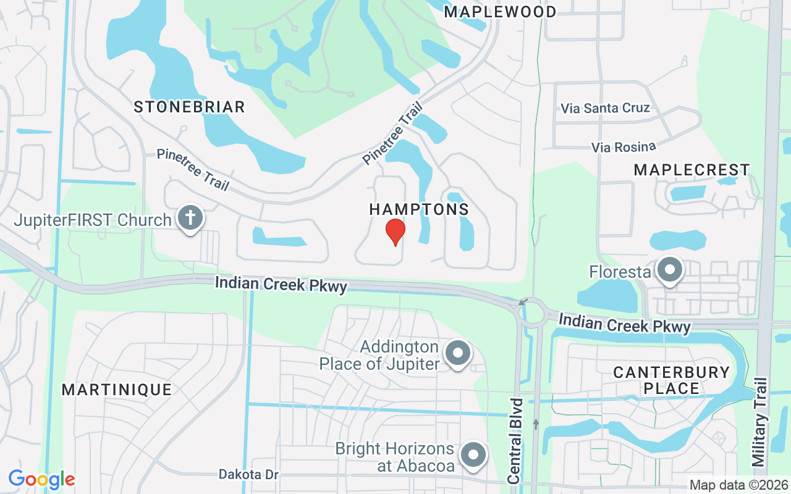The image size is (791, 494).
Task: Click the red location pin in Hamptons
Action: (395, 232)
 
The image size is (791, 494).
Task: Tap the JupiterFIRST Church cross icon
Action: (190, 218)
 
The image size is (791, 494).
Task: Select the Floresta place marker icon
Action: (669, 270)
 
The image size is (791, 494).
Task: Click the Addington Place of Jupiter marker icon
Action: (458, 354)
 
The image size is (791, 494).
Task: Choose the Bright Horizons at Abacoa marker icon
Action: (473, 456)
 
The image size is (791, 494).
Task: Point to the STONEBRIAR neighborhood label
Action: (190, 107)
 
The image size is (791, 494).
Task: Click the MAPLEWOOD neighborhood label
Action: (500, 11)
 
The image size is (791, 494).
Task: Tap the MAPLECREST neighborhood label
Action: (692, 170)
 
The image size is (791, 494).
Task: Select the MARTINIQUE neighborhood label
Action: (117, 390)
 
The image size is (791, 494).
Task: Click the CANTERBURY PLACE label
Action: (671, 380)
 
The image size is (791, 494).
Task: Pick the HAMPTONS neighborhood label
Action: (419, 209)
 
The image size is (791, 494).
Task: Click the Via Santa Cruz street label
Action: (605, 108)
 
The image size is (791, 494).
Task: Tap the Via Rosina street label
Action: (623, 147)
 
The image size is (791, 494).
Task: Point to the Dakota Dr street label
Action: (249, 474)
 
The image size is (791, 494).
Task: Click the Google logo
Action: (41, 479)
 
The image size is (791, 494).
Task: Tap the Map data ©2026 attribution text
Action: (738, 485)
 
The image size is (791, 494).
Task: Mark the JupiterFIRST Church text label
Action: (93, 220)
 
